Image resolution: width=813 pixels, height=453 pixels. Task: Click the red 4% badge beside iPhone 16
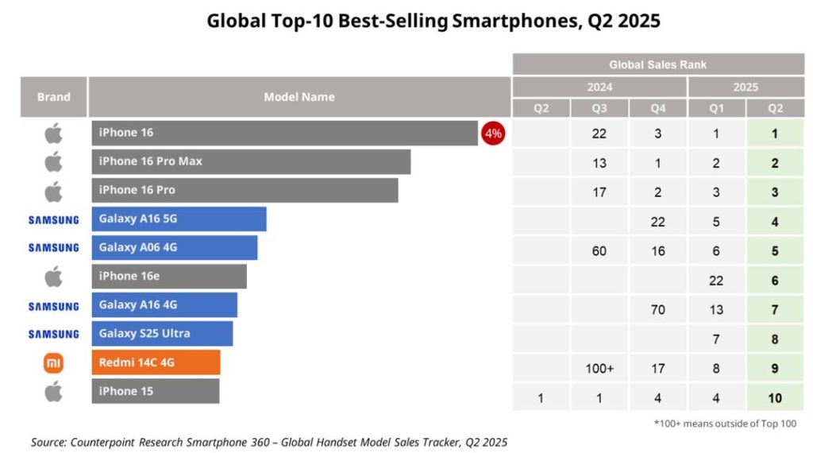point(493,134)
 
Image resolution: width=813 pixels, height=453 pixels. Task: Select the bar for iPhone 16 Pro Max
point(251,162)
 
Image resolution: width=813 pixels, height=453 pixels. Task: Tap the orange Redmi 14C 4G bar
point(156,363)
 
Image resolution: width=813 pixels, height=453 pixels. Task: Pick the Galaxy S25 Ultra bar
point(162,334)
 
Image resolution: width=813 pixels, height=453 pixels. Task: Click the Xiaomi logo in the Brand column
point(53,363)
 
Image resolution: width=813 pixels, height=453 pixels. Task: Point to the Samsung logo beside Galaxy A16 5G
point(53,219)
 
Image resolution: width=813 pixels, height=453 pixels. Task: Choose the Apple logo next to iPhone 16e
point(53,277)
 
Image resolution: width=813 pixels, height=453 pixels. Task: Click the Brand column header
point(53,97)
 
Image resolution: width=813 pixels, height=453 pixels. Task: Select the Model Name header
point(299,97)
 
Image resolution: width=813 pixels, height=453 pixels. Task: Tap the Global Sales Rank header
point(657,64)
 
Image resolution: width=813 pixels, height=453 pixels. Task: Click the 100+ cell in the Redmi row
point(599,369)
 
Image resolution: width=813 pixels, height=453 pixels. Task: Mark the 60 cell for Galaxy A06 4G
point(599,251)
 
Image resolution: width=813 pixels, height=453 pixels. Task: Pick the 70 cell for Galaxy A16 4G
point(657,310)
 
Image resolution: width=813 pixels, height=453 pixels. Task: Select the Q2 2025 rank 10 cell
point(775,398)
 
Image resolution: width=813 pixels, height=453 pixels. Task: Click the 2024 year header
point(599,87)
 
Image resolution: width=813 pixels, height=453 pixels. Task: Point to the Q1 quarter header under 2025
point(716,108)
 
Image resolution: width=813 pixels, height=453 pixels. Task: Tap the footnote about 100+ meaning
point(725,424)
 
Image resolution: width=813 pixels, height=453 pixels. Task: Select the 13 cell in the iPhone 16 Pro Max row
point(599,163)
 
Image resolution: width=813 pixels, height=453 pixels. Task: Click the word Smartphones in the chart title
point(511,21)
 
